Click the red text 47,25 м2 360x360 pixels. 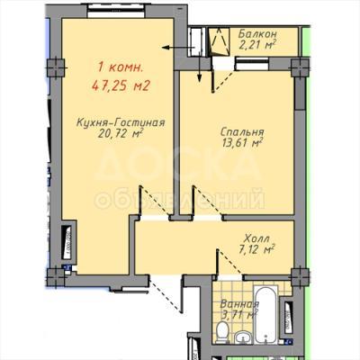(121, 86)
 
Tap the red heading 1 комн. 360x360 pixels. (121, 67)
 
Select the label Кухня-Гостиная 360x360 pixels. (121, 122)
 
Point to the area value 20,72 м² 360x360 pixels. (120, 133)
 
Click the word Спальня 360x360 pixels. (242, 132)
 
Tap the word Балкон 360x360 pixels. (257, 34)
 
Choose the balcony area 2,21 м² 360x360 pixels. (257, 45)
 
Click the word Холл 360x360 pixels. (256, 238)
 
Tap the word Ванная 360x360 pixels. (239, 304)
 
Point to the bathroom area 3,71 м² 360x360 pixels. (239, 315)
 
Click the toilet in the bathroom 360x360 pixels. (222, 332)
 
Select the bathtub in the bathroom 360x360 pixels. (265, 314)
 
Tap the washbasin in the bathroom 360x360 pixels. (242, 337)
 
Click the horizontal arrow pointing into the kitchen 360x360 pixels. (179, 48)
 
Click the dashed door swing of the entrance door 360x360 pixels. (166, 294)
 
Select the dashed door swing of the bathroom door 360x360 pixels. (230, 262)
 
